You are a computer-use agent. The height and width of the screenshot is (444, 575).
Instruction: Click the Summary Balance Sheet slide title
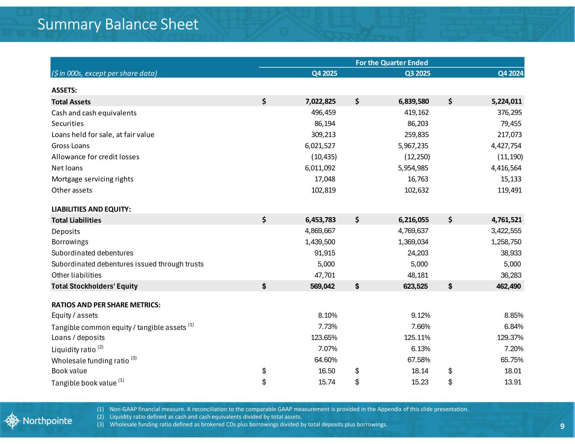(118, 24)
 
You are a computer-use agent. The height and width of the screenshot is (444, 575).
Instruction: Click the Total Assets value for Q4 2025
(321, 101)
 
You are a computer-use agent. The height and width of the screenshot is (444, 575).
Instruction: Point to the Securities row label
(67, 124)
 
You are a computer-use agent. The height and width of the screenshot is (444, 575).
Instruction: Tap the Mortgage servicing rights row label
(92, 179)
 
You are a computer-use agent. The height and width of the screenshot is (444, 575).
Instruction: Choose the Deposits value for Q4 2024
(504, 231)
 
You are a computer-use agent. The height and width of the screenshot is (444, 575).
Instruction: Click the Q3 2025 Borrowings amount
(410, 242)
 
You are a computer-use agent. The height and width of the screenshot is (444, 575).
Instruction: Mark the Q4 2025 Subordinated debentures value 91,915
(323, 253)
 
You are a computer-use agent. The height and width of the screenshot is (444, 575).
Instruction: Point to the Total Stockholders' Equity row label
(94, 286)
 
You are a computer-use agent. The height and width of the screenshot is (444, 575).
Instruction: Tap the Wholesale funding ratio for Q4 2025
(323, 360)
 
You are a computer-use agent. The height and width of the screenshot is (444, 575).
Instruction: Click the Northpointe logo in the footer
(38, 421)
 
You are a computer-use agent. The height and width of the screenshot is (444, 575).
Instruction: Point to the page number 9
(562, 426)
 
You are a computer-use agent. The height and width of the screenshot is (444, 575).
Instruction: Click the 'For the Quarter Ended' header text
(392, 63)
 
